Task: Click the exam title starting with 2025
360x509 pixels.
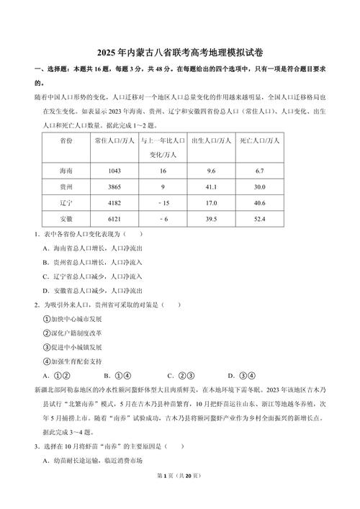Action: click(180, 54)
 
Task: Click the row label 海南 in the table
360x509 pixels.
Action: click(66, 171)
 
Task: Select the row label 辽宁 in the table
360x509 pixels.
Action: click(66, 202)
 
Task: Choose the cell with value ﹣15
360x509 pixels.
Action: click(163, 202)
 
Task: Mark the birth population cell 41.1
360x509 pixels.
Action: click(211, 186)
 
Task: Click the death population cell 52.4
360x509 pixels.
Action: click(258, 218)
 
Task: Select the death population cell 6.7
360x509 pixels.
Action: click(258, 171)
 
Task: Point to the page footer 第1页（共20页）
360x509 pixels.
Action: click(180, 497)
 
